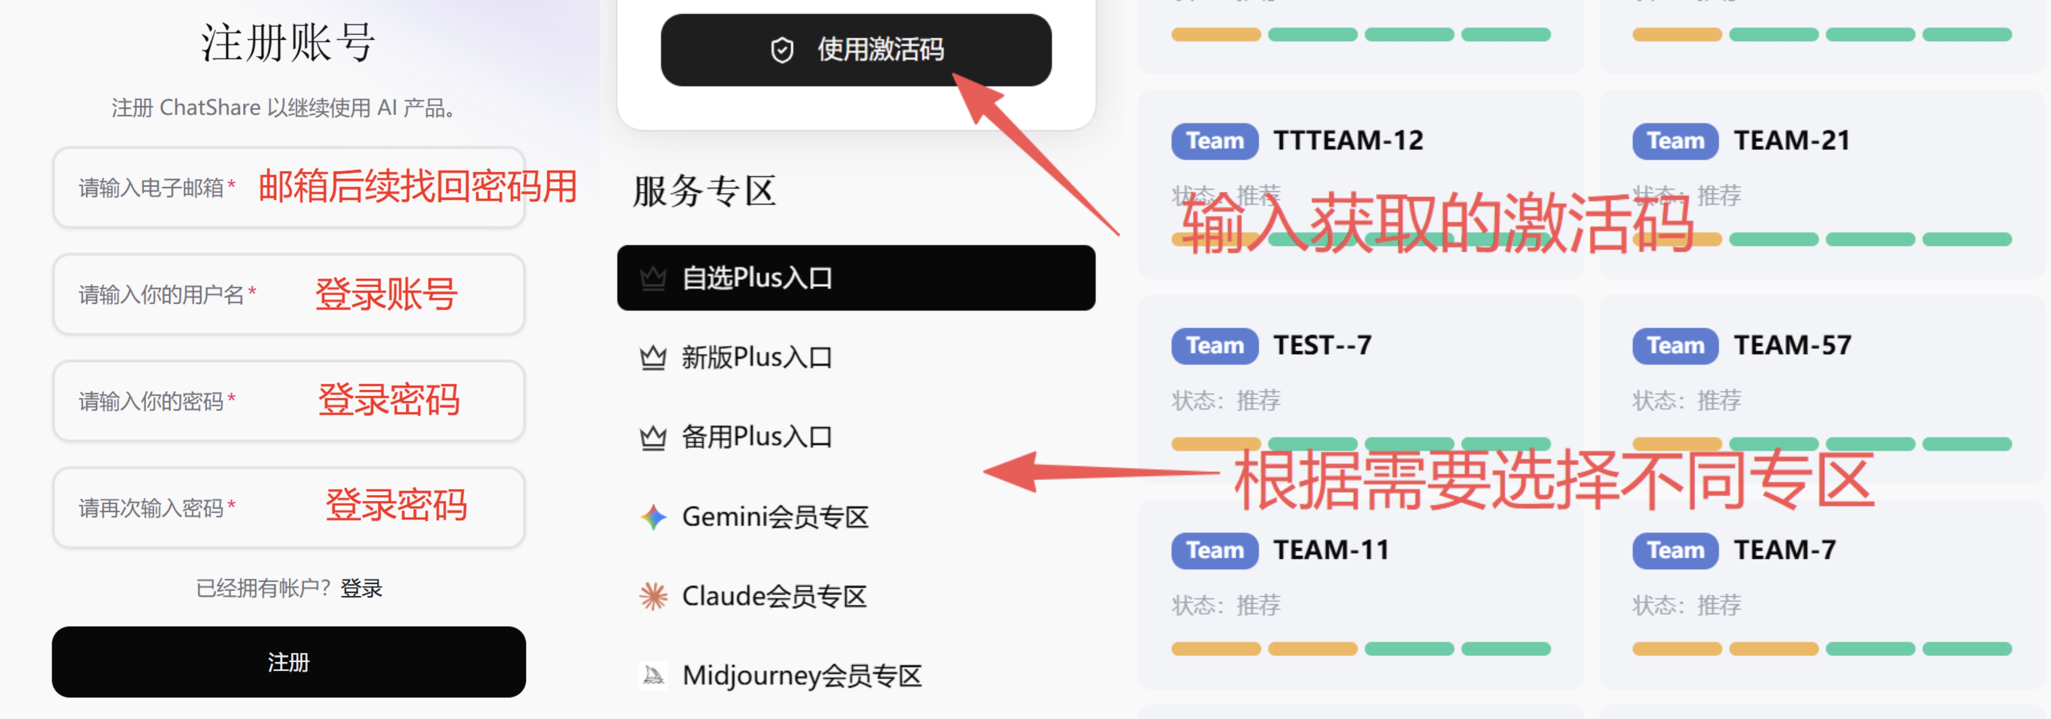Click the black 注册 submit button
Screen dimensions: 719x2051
(288, 662)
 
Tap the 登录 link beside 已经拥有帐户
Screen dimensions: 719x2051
(361, 589)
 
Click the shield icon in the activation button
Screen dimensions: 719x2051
(782, 50)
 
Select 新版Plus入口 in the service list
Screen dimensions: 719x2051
(756, 358)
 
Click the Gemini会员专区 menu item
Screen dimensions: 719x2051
(774, 517)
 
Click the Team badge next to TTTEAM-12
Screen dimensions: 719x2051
(1214, 141)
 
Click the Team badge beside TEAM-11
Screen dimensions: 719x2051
(1214, 550)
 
